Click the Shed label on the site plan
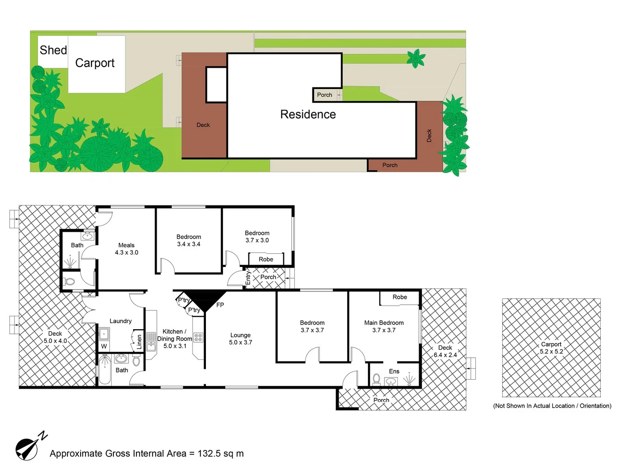click(x=53, y=50)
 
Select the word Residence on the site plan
click(x=308, y=115)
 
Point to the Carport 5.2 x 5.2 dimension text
click(x=551, y=352)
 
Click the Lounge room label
click(x=241, y=339)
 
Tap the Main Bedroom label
click(x=384, y=326)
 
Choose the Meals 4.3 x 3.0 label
click(x=127, y=249)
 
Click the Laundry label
click(x=121, y=321)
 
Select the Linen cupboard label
click(x=139, y=342)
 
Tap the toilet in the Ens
click(x=376, y=379)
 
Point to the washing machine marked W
click(x=104, y=346)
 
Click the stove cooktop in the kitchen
click(x=198, y=338)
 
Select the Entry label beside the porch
click(x=248, y=277)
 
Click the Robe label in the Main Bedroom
click(x=400, y=297)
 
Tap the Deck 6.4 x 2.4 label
click(x=445, y=351)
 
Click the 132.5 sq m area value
click(x=220, y=454)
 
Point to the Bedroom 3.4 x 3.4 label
click(x=189, y=241)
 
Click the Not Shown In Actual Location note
click(x=552, y=406)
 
